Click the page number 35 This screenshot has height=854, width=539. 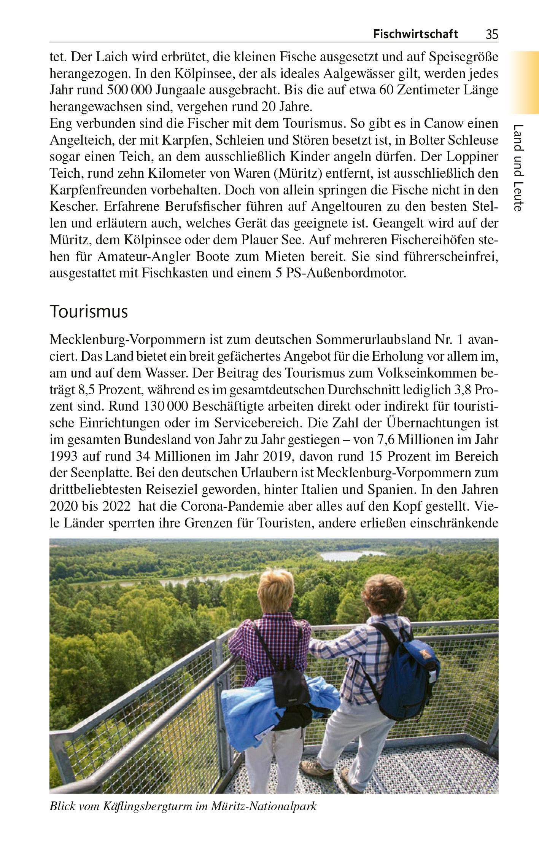click(491, 35)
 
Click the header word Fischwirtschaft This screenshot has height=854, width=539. click(415, 34)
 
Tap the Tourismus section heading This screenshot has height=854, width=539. click(89, 312)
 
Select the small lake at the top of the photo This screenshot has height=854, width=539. click(353, 555)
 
